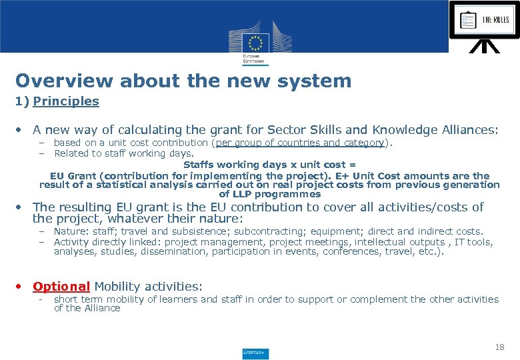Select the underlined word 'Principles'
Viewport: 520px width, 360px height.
click(65, 101)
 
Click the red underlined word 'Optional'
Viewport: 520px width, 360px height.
click(61, 287)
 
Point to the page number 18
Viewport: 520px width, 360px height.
click(500, 347)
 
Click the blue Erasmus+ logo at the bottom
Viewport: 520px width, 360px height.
click(255, 353)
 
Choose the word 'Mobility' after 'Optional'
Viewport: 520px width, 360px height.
click(117, 287)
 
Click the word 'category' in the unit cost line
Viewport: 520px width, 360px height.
click(363, 143)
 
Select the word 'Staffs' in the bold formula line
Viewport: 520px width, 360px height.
click(199, 165)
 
